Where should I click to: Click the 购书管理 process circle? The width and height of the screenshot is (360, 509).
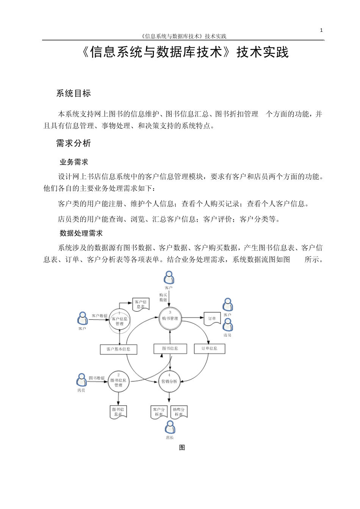tap(170, 319)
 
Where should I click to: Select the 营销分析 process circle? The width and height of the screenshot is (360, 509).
tap(169, 381)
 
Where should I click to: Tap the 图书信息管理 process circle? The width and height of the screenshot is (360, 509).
tap(118, 382)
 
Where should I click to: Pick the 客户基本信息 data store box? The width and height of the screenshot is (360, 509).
tap(119, 349)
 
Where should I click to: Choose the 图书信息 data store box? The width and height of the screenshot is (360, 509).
tap(170, 348)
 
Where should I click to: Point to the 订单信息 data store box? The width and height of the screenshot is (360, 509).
tap(209, 348)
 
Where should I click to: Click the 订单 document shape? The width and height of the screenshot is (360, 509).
tap(212, 319)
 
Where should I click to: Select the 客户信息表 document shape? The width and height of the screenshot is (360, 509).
tap(141, 304)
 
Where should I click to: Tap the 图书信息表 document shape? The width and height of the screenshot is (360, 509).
tap(118, 412)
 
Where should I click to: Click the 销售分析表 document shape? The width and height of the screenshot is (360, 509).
tap(179, 412)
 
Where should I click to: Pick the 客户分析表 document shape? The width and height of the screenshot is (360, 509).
tap(159, 412)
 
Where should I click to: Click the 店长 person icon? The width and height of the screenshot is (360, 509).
tap(170, 428)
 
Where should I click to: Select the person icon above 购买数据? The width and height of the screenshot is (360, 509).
tap(169, 278)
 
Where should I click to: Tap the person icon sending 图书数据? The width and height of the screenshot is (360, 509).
tap(81, 380)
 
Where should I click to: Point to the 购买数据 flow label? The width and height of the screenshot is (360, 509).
tap(163, 297)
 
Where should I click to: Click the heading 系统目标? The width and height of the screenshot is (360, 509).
tap(74, 94)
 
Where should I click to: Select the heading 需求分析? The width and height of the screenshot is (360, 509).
tap(74, 143)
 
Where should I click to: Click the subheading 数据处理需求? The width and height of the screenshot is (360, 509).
tap(81, 233)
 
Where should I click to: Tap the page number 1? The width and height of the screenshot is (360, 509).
tap(321, 30)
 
